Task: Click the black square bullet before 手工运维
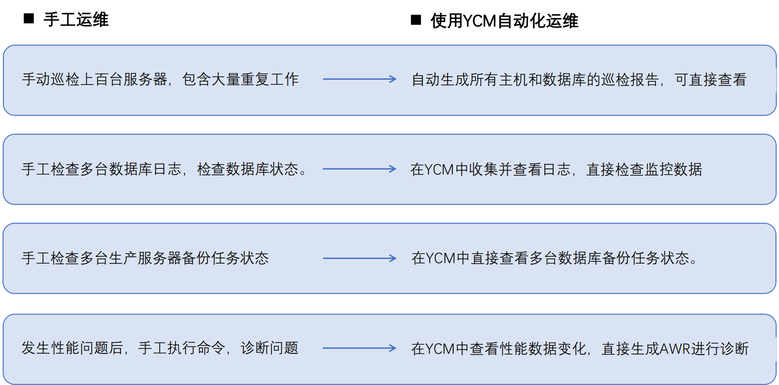tap(29, 18)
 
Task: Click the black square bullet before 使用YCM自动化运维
tap(416, 20)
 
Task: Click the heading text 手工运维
tap(76, 20)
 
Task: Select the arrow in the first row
tap(359, 79)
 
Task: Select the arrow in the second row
tap(359, 169)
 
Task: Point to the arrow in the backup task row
tap(359, 258)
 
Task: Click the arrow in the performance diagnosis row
tap(359, 348)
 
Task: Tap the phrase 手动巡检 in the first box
tap(51, 79)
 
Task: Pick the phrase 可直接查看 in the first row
tap(711, 80)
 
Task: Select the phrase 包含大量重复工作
tap(240, 79)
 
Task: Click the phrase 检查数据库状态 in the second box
tap(248, 169)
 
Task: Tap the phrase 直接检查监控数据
tap(644, 170)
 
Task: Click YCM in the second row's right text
tap(439, 170)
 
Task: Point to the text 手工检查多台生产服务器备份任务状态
tap(145, 258)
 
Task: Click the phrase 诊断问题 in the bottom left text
tap(269, 348)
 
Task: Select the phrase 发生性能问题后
tap(72, 348)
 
